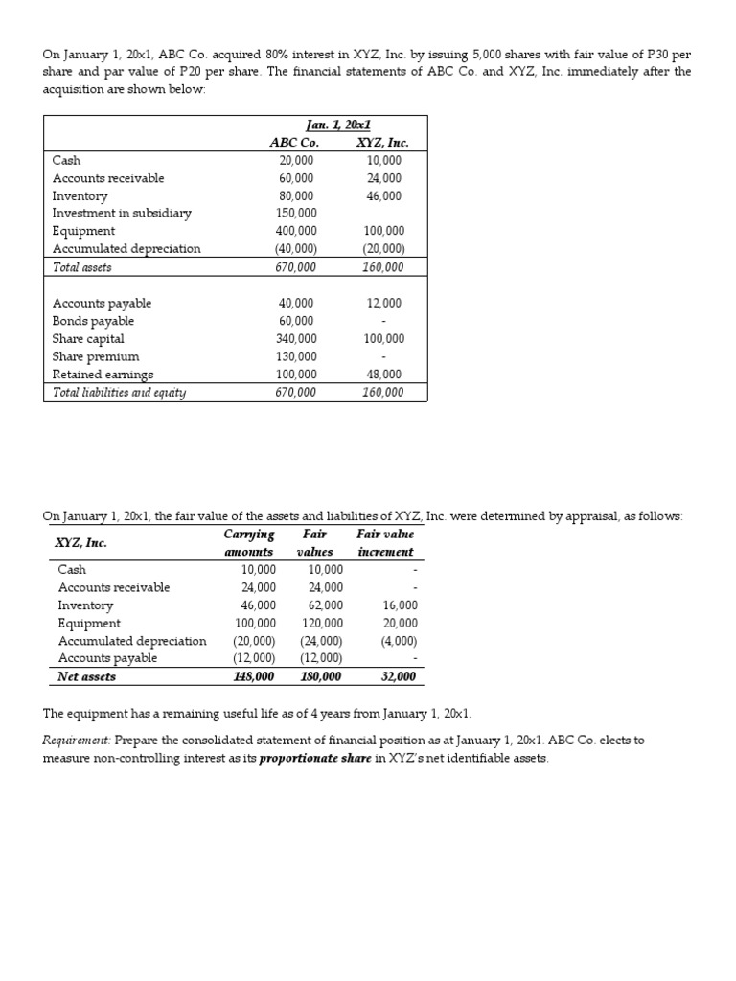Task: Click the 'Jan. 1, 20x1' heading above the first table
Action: [x=338, y=125]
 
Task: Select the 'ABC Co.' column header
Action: [x=295, y=143]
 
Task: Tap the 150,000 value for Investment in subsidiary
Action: [x=296, y=213]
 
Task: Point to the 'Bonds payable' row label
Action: [x=93, y=321]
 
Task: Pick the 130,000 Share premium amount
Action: [x=296, y=356]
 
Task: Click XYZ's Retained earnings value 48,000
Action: [x=384, y=375]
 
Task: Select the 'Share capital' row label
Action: [x=88, y=339]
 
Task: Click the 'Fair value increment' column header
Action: [x=385, y=543]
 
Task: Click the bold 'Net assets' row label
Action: [x=86, y=676]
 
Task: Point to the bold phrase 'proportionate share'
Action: [x=314, y=759]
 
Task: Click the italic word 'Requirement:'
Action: [x=77, y=741]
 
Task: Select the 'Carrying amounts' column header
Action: [x=249, y=543]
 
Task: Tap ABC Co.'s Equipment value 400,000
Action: [x=296, y=231]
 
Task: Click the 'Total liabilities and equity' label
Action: [x=119, y=393]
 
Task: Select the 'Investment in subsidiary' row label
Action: [x=122, y=213]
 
